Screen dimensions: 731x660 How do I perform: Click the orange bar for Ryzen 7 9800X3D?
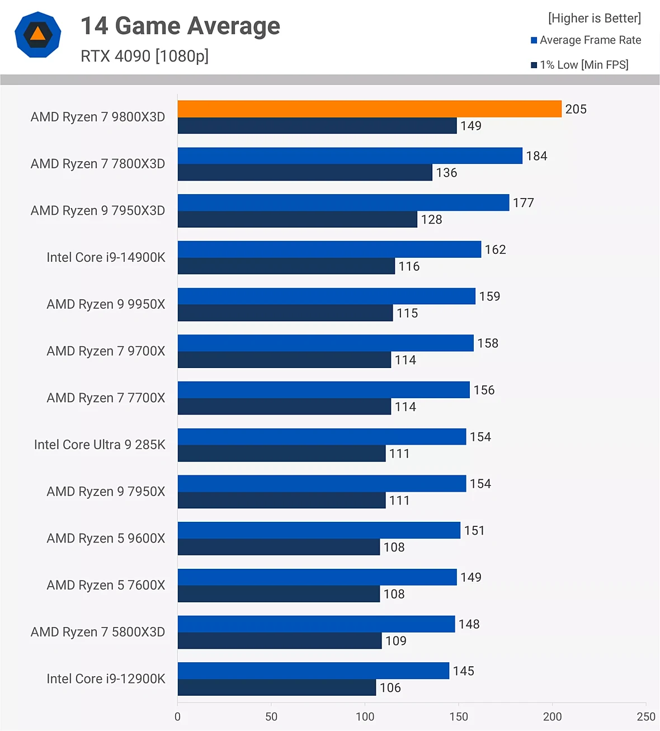coord(369,109)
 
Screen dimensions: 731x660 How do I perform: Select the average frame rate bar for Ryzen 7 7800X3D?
coord(350,156)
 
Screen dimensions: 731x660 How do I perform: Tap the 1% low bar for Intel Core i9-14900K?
coord(286,266)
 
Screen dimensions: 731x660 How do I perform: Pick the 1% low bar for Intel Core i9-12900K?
coord(276,687)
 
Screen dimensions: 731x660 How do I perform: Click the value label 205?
coord(576,109)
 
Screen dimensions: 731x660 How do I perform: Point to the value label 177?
coord(524,203)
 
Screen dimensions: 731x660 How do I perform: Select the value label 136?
coord(446,173)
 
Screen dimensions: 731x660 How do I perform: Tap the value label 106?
coord(390,688)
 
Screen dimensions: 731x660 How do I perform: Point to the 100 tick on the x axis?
coord(365,716)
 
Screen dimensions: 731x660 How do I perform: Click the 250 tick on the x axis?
coord(645,716)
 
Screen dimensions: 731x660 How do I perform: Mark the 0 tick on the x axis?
coord(177,716)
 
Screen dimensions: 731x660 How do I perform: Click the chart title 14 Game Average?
coord(180,26)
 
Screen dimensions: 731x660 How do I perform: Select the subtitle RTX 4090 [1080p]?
coord(144,56)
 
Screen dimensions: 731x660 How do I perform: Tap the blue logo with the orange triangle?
coord(37,35)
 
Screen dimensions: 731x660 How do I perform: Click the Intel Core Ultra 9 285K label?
coord(100,445)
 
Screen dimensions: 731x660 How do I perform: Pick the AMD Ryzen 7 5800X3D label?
coord(98,632)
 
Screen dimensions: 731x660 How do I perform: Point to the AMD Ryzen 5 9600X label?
coord(106,538)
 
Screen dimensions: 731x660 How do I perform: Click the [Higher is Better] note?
coord(594,18)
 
